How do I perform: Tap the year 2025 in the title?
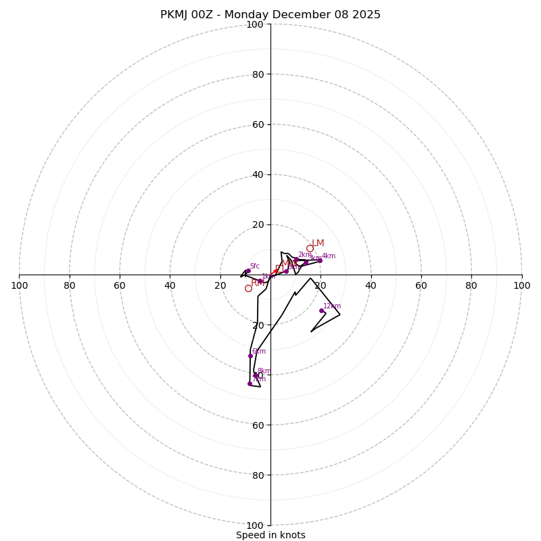[x=365, y=15]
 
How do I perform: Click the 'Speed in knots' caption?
[x=270, y=535]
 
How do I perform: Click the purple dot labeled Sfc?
[x=248, y=270]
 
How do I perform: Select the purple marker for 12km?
[x=321, y=310]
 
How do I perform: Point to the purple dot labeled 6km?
[x=250, y=356]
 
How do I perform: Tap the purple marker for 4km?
[x=320, y=260]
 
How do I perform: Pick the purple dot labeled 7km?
[x=250, y=383]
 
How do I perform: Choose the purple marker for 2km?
[x=296, y=259]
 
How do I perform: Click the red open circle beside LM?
[x=310, y=248]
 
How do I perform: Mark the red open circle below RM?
[x=248, y=288]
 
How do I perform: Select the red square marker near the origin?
[x=279, y=269]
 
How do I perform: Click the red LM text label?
[x=318, y=243]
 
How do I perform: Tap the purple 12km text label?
[x=332, y=306]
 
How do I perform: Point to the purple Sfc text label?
[x=254, y=266]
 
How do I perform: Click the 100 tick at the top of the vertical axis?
[x=255, y=24]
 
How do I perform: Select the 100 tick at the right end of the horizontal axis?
[x=521, y=285]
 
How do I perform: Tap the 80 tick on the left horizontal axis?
[x=70, y=285]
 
